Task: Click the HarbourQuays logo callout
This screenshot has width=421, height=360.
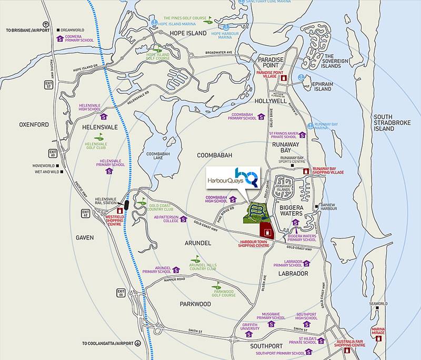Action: click(x=232, y=176)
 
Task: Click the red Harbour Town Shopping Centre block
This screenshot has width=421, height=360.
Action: click(x=267, y=230)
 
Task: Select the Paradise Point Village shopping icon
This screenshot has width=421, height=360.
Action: click(x=284, y=78)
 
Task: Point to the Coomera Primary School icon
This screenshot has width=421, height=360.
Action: click(x=61, y=38)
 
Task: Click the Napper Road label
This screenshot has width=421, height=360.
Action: click(x=174, y=279)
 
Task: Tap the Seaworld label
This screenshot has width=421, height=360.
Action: click(x=378, y=304)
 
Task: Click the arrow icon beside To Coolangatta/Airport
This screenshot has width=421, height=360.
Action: click(x=138, y=343)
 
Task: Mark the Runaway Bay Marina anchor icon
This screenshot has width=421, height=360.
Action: click(x=310, y=126)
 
